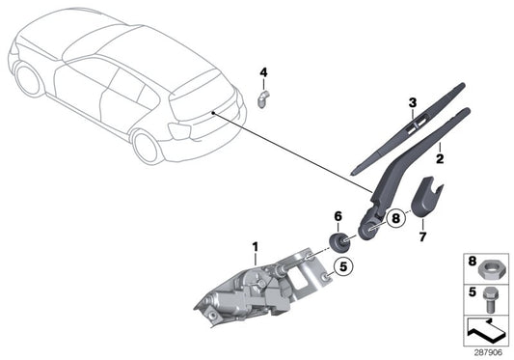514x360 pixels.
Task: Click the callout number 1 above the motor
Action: (x=256, y=247)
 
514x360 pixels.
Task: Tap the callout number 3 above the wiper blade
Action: (x=411, y=103)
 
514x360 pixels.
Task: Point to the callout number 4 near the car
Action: (x=263, y=72)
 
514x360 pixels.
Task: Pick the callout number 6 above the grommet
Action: (x=338, y=216)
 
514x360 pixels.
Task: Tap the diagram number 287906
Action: (x=488, y=351)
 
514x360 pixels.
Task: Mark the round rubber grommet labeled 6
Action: (x=339, y=241)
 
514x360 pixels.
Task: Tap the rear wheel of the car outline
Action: (x=148, y=147)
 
